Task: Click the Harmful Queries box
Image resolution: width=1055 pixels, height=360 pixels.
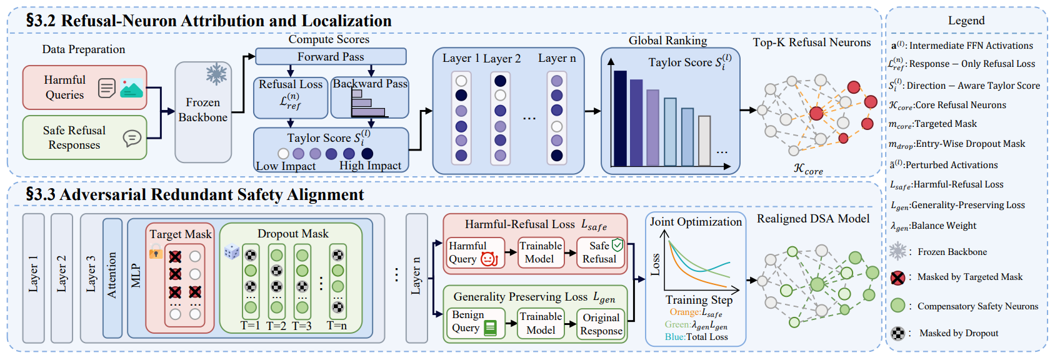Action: (x=85, y=87)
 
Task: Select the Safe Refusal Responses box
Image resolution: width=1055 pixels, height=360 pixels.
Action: (x=85, y=137)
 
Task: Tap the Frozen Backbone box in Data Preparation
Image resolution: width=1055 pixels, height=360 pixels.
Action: (x=203, y=112)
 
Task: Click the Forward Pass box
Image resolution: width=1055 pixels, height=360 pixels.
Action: (x=331, y=56)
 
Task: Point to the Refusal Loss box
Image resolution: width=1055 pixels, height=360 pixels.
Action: (x=291, y=97)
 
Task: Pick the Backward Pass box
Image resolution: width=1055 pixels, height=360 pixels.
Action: (x=370, y=97)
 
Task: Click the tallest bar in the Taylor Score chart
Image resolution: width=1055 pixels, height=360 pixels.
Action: (x=620, y=118)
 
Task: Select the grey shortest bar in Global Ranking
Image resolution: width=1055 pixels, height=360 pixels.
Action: (x=704, y=141)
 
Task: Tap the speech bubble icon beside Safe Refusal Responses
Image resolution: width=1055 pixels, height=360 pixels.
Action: (x=132, y=138)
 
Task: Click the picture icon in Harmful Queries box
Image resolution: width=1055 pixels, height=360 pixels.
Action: (x=131, y=88)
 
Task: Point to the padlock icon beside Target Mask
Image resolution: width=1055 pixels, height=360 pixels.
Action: (x=156, y=252)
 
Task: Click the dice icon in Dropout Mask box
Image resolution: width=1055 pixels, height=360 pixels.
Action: (x=232, y=252)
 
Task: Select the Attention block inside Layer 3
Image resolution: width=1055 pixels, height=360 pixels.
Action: (x=112, y=278)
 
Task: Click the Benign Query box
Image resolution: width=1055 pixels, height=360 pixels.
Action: (x=474, y=323)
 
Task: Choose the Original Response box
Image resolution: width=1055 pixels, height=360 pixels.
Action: (x=601, y=324)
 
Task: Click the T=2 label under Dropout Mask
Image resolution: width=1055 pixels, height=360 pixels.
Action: (x=276, y=326)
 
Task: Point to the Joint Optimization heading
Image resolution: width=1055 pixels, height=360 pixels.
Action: (x=696, y=221)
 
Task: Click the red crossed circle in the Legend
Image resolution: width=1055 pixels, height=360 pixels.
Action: (x=897, y=277)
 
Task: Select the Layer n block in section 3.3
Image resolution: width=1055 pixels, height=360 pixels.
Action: (x=417, y=278)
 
